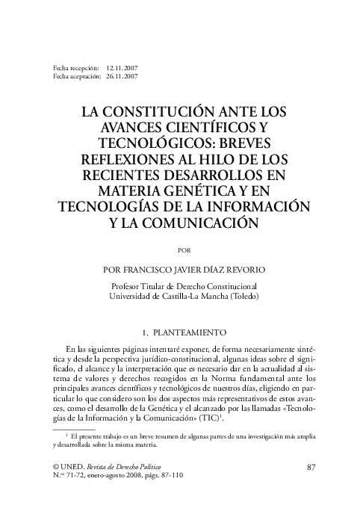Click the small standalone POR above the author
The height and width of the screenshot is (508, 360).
[x=180, y=249]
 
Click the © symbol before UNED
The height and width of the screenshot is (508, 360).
[x=56, y=467]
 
